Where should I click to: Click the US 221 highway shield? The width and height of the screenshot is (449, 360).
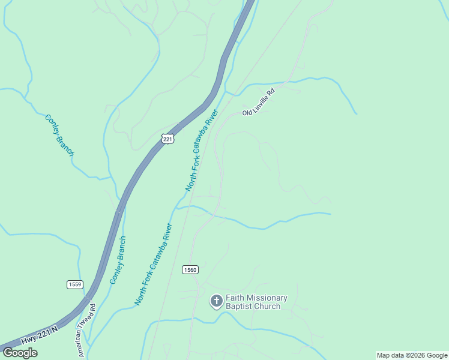[167, 139]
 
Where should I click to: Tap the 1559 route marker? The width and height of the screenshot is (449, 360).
[74, 284]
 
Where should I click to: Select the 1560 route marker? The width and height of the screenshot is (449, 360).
[190, 270]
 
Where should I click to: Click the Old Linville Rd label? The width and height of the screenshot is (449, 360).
[258, 102]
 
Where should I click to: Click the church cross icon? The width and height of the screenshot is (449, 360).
[216, 301]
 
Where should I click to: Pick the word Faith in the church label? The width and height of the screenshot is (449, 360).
[236, 298]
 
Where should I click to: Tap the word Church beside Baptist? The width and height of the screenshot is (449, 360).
[267, 307]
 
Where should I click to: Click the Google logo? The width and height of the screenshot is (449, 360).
[20, 353]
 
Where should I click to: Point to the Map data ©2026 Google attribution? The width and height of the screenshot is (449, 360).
[412, 355]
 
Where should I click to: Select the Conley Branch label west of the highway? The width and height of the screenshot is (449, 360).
[59, 135]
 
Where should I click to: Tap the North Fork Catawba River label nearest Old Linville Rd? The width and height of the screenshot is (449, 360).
[200, 151]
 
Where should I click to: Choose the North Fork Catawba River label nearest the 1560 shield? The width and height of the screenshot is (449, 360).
[153, 265]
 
